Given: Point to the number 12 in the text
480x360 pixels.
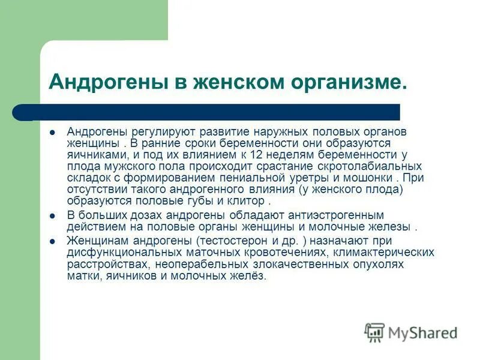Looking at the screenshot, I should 257,155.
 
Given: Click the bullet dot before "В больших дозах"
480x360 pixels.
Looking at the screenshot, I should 53,215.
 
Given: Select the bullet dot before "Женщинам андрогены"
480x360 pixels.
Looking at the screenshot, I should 53,240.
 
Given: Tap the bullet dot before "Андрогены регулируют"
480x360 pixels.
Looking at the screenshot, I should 53,132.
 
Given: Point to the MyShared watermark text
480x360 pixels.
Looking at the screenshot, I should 423,332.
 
